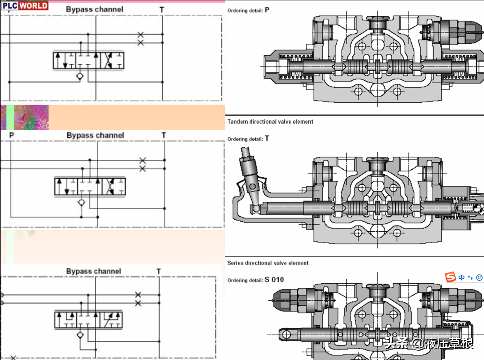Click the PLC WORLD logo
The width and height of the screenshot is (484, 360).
(x=25, y=6)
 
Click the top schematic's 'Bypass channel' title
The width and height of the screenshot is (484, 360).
(x=95, y=9)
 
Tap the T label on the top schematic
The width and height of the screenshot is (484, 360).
(x=162, y=10)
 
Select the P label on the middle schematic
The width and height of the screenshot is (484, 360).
(x=11, y=135)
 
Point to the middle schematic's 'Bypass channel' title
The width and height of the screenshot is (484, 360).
(x=95, y=135)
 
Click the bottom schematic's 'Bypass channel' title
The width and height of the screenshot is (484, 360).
(x=94, y=271)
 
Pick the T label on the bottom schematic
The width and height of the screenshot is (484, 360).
(x=158, y=271)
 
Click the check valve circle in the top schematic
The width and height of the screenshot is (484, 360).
(x=80, y=76)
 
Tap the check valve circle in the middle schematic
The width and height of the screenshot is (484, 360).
(x=82, y=202)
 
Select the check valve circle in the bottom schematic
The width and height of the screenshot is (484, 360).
(x=80, y=334)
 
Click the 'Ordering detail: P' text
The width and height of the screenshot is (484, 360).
(x=248, y=10)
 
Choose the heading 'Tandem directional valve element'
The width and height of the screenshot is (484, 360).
(x=270, y=122)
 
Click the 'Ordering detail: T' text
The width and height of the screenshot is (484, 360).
(x=248, y=139)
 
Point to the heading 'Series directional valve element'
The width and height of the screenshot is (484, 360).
(x=268, y=263)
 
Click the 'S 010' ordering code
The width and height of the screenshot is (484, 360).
(x=274, y=280)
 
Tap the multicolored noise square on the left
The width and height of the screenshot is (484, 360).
(x=31, y=117)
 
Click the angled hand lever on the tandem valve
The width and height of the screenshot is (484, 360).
(x=248, y=170)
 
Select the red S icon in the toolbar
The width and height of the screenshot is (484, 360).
(x=450, y=278)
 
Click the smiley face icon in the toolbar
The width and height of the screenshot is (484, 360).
(x=479, y=278)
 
